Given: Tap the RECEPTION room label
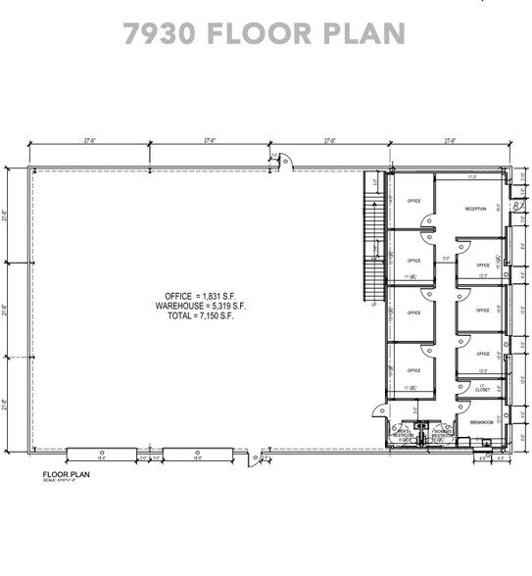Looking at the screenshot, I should (476, 209).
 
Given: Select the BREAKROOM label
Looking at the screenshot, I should (480, 421).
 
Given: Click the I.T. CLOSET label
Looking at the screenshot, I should (482, 388).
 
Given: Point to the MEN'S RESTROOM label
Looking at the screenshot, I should (403, 435).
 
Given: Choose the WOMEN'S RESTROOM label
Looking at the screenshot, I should (439, 435).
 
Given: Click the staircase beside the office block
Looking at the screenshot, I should (372, 240).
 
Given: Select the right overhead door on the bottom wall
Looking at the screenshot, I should (197, 452).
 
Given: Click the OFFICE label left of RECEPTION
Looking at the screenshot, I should (413, 201).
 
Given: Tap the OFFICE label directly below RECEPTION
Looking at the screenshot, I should (482, 265).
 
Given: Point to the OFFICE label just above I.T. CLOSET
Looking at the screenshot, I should (482, 354).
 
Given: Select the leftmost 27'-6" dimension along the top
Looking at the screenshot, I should (90, 141).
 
